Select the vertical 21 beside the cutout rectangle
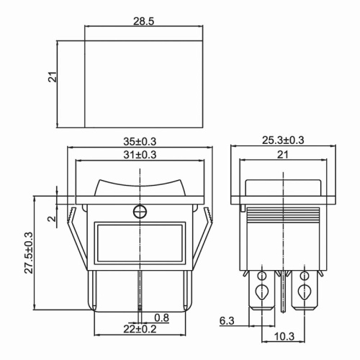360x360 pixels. click(x=53, y=76)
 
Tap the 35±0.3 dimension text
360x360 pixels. click(x=140, y=141)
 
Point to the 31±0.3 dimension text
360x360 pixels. click(x=140, y=154)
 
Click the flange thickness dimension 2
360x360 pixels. click(x=50, y=219)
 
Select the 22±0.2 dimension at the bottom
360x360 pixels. click(x=140, y=329)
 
